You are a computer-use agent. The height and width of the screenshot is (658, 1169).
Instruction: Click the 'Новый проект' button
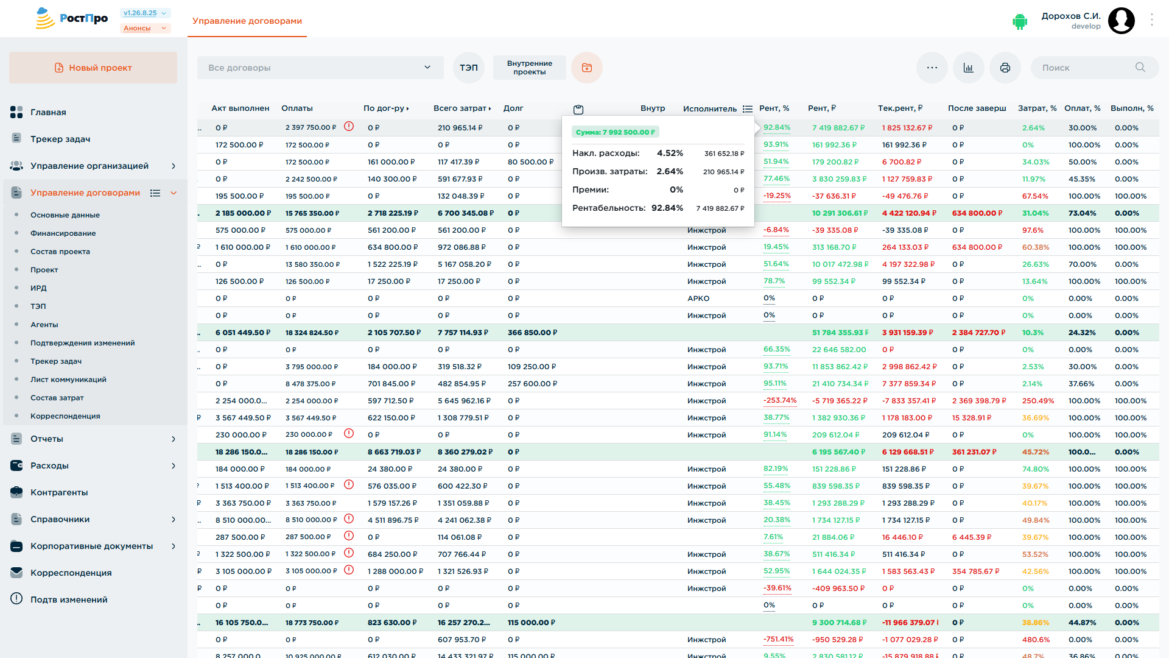tap(93, 68)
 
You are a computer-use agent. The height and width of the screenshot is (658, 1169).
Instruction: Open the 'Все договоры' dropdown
tap(320, 68)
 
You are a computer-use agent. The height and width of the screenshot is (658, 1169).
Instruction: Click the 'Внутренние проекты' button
tap(529, 68)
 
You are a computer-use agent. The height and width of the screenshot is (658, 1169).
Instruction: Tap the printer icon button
tap(1005, 68)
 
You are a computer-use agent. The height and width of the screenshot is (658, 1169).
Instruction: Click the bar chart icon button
tap(969, 68)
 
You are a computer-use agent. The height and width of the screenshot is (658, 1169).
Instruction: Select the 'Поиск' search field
tap(1094, 68)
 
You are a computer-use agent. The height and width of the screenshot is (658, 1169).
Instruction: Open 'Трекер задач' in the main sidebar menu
tap(60, 139)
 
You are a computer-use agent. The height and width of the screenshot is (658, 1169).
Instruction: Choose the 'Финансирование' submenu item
tap(63, 233)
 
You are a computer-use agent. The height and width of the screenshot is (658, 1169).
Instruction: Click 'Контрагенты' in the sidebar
tap(59, 492)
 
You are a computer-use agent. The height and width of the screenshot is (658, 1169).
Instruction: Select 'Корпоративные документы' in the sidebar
tap(92, 546)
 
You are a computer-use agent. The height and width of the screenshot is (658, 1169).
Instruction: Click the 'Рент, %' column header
tap(774, 108)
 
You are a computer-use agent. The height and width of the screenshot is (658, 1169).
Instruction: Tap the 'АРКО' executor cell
tap(698, 299)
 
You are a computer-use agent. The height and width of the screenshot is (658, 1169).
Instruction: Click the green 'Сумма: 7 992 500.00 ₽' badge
tap(616, 132)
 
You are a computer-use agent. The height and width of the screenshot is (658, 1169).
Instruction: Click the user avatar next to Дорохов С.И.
tap(1122, 21)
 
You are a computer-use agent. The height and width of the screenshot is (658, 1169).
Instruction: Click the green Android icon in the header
tap(1020, 21)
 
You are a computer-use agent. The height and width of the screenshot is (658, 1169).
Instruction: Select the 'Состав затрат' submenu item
tap(57, 398)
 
